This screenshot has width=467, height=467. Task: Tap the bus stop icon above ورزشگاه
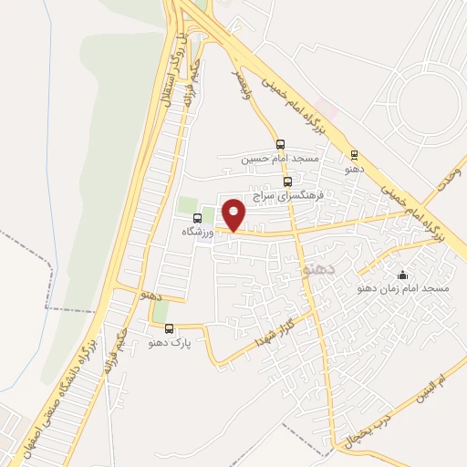pyautogui.click(x=197, y=218)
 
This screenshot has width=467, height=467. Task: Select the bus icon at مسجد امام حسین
pyautogui.click(x=280, y=143)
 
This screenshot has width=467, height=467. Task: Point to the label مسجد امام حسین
pyautogui.click(x=280, y=159)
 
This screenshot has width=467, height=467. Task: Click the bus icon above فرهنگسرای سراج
pyautogui.click(x=288, y=182)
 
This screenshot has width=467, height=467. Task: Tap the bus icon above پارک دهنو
pyautogui.click(x=169, y=328)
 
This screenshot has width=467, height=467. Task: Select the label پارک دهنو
pyautogui.click(x=169, y=344)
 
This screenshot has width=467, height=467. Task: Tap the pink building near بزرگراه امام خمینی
pyautogui.click(x=328, y=111)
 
